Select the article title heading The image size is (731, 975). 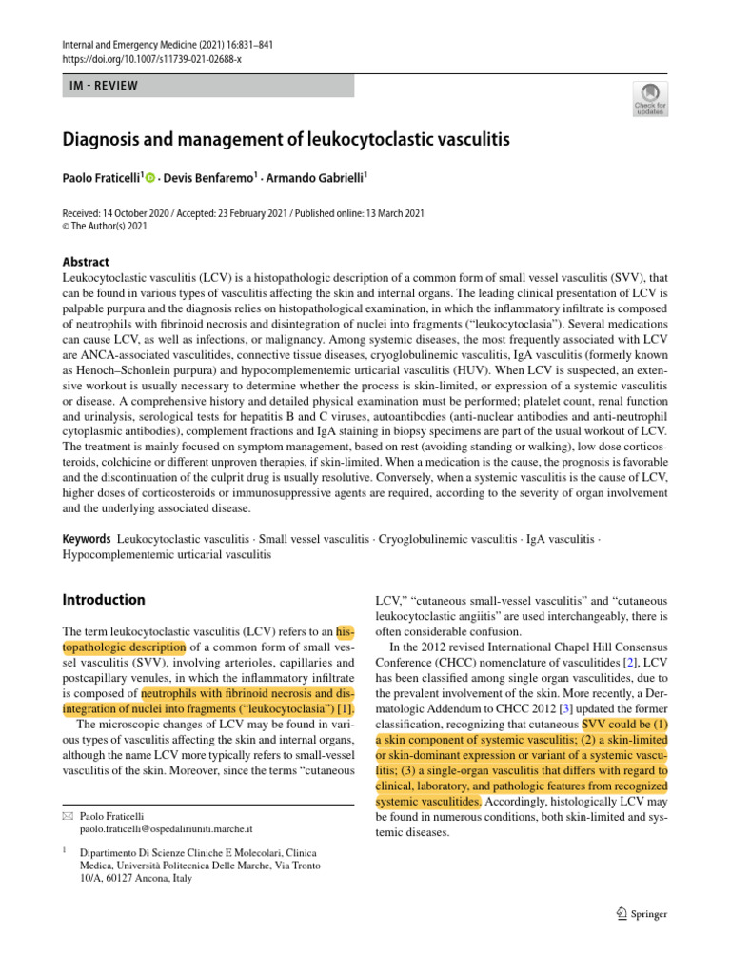[286, 140]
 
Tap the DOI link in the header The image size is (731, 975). [153, 58]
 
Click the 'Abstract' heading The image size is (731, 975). [86, 262]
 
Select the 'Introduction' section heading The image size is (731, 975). [104, 600]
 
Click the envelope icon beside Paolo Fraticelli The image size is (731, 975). [67, 816]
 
